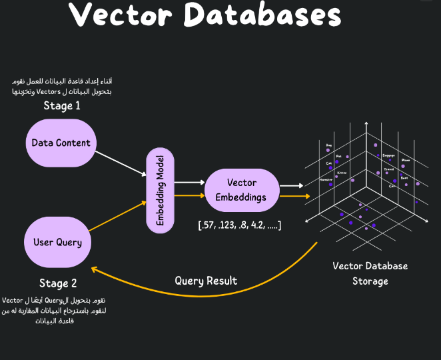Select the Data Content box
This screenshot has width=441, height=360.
(61, 143)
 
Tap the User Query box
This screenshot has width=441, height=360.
(57, 242)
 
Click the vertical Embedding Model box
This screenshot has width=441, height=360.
(160, 190)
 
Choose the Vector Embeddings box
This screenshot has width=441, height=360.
(242, 190)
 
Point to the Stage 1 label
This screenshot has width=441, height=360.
(62, 106)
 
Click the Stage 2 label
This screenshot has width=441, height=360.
(58, 284)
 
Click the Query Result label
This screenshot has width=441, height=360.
(206, 281)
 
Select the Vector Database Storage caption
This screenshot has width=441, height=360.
(370, 273)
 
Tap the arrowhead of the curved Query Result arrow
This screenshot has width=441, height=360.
(95, 270)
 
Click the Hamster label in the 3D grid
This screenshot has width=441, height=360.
(325, 180)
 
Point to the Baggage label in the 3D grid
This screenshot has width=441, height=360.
(388, 155)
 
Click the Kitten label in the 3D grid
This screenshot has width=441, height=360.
(341, 173)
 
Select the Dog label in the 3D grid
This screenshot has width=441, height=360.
(328, 144)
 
